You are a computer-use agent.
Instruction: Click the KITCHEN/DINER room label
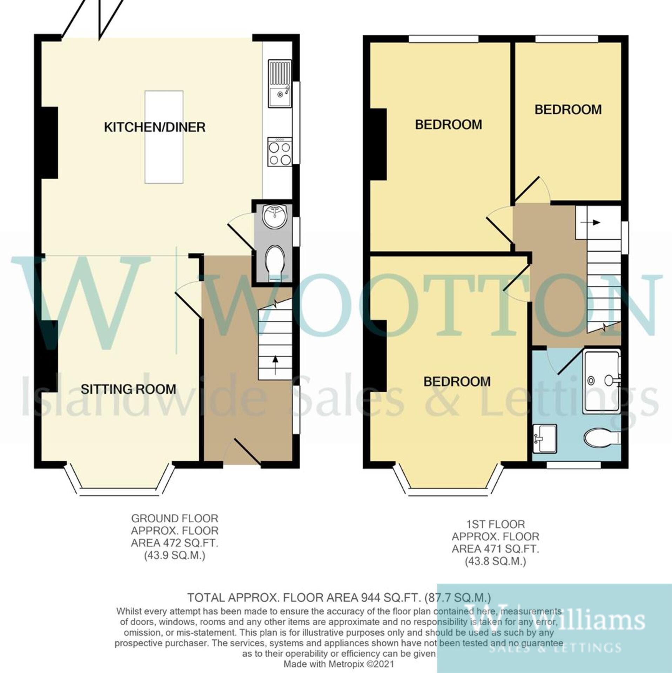tap(155, 127)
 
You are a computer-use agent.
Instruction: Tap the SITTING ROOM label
tap(128, 389)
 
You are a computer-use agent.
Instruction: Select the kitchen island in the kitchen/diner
tap(164, 137)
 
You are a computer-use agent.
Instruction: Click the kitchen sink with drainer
tap(280, 83)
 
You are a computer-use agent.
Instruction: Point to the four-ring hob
tap(280, 152)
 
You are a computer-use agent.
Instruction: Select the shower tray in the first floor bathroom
tap(601, 380)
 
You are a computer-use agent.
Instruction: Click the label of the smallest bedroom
tap(568, 110)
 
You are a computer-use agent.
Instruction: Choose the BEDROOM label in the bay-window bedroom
tap(457, 382)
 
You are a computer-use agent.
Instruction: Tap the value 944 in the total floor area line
tap(368, 597)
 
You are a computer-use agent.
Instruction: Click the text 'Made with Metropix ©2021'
tap(339, 664)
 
